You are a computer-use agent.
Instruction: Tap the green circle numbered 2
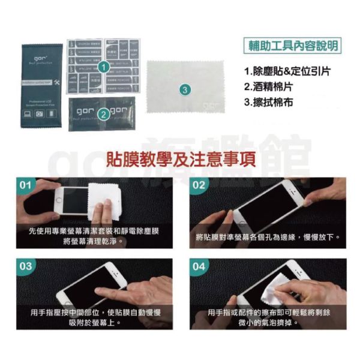[x=103, y=112]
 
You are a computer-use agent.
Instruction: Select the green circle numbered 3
[x=185, y=89]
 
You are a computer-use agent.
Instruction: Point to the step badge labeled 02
[x=199, y=184]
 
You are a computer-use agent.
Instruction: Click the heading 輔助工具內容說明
[x=293, y=46]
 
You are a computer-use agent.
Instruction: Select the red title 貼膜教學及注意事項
[x=180, y=159]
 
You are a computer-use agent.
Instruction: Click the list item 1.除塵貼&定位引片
[x=287, y=71]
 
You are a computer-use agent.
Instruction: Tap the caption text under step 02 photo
[x=268, y=237]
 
